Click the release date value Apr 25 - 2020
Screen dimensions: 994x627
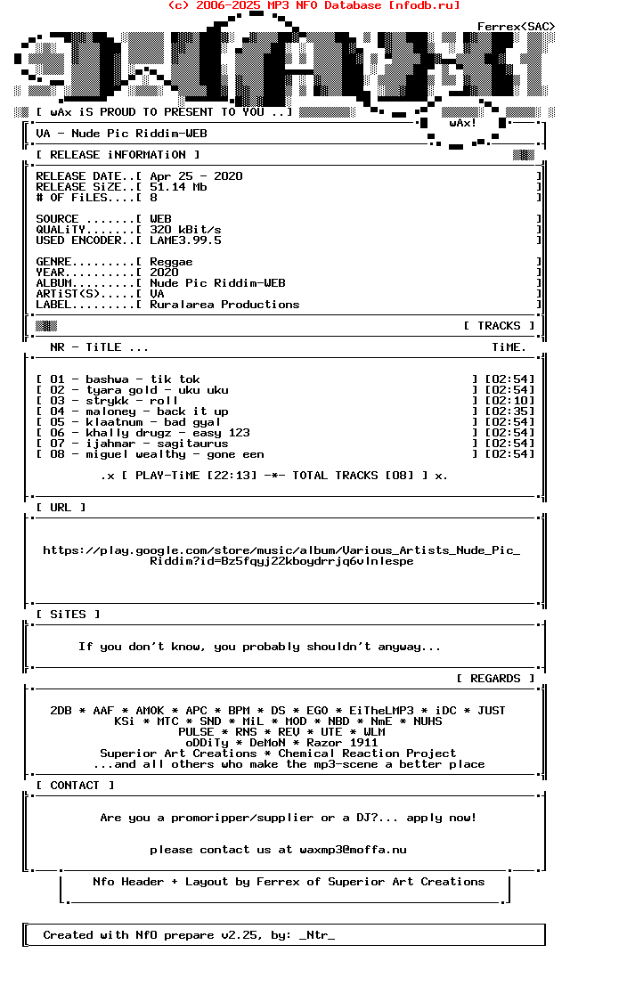196,176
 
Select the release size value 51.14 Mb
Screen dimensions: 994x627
178,187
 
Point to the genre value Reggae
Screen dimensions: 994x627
171,262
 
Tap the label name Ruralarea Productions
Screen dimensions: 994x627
224,305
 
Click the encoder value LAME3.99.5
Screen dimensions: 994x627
185,240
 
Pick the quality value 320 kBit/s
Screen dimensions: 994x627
185,230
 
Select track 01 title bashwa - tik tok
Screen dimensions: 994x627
142,379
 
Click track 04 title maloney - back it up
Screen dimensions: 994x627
157,411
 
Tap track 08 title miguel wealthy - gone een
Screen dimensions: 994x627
175,454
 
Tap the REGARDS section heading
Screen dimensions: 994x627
495,679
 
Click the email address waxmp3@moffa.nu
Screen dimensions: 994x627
353,850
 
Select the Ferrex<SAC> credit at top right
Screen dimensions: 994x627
516,27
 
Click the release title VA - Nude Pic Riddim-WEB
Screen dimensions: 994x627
121,134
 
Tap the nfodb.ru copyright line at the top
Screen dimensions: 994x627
313,5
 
